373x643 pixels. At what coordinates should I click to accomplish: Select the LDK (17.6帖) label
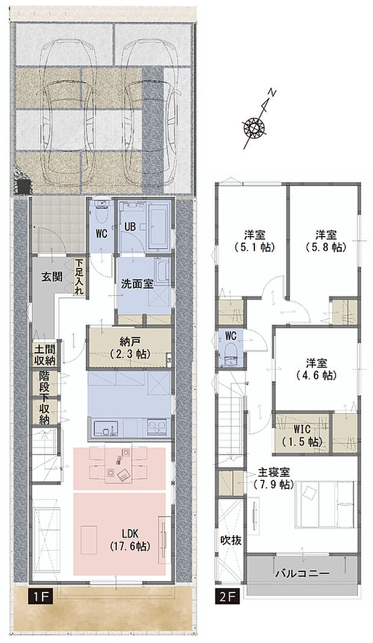click(129, 541)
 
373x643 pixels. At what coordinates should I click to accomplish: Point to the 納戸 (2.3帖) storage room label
click(129, 347)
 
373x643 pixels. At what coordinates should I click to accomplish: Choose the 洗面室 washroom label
click(135, 284)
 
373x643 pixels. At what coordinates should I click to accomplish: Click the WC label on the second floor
click(230, 335)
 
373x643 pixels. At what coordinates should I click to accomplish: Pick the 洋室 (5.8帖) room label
click(324, 240)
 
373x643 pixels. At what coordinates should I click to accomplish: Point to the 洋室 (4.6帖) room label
click(315, 369)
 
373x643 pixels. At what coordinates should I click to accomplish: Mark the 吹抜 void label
click(230, 540)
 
